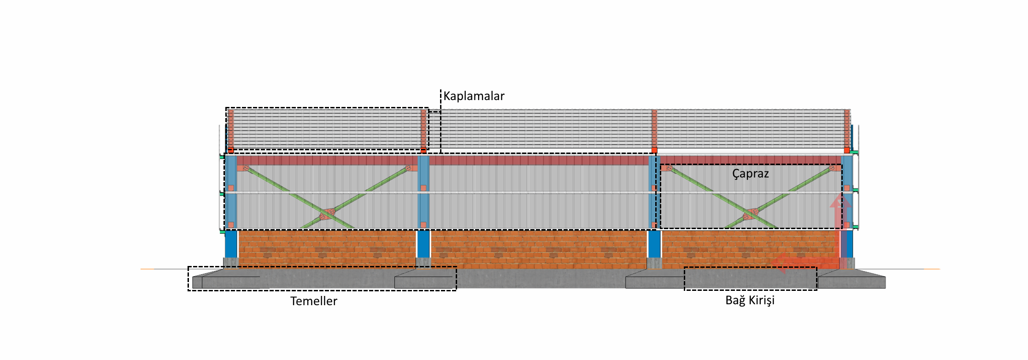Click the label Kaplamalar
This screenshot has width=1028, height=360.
(474, 96)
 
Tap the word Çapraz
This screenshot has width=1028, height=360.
(750, 174)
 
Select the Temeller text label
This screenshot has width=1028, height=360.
(313, 301)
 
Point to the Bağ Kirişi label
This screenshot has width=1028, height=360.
(750, 300)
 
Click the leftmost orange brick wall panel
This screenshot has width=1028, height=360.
(327, 249)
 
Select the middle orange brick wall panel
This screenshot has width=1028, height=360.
(539, 249)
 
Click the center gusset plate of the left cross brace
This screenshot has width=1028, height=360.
(327, 214)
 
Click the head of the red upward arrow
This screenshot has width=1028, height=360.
(840, 201)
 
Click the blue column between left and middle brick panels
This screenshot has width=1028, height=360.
(423, 244)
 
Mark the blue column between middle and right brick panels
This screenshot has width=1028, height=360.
(654, 244)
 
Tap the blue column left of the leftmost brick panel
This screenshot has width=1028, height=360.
(231, 244)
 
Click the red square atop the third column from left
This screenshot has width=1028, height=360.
(654, 150)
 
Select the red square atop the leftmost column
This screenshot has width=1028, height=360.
(231, 150)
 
